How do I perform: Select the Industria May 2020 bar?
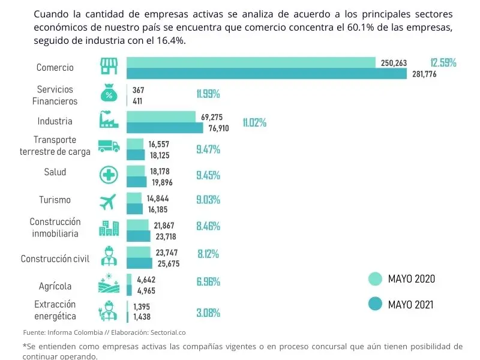coord(161,116)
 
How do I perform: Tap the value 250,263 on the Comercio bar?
coord(394,63)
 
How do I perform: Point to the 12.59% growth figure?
coord(443,63)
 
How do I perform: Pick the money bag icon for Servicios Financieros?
coord(108,94)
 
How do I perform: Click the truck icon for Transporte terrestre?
coord(108,146)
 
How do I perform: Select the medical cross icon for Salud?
coord(108,174)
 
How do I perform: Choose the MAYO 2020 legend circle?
coord(375,279)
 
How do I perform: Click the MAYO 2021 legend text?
coord(411,305)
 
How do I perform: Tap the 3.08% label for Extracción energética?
coord(208,313)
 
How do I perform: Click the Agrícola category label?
coord(55,286)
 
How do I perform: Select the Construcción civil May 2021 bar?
coord(139,263)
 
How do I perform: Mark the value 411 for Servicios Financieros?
coord(137,101)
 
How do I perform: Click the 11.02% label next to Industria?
coord(254,122)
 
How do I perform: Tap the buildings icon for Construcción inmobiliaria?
coord(108,228)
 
